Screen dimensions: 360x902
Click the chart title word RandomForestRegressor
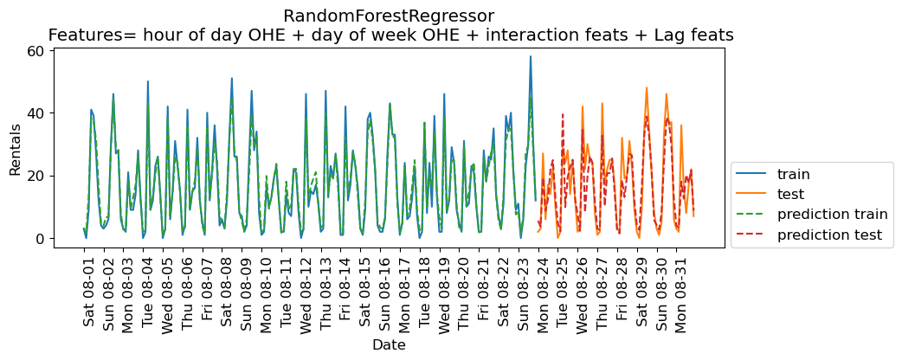point(390,16)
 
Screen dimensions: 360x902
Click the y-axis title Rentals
point(15,148)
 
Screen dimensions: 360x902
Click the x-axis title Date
point(389,344)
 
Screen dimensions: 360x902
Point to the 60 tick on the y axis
point(35,50)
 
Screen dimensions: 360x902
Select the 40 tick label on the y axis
point(35,113)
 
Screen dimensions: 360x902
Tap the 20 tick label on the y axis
point(35,176)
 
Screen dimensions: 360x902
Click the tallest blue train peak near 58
point(531,56)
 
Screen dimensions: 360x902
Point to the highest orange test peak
point(647,87)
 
